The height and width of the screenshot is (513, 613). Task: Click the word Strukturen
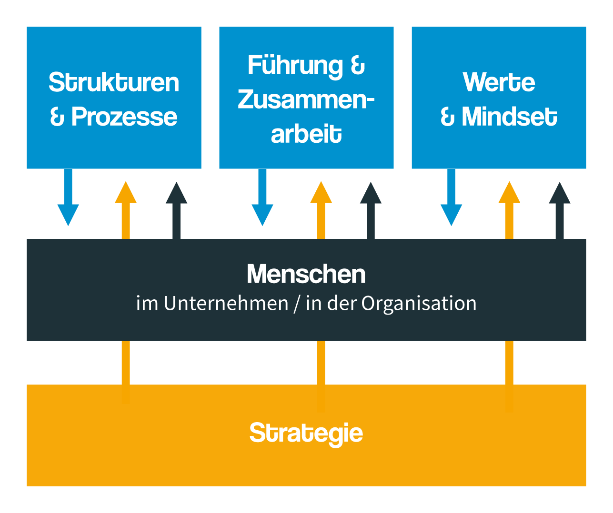tap(114, 82)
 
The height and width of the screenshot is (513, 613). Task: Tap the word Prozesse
tap(124, 117)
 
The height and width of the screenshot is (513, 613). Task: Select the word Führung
tap(295, 66)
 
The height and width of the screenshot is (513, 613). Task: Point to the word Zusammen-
tap(306, 99)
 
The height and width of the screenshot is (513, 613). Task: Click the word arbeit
tap(306, 134)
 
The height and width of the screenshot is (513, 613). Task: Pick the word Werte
tap(499, 82)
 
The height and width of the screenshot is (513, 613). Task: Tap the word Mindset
tap(509, 117)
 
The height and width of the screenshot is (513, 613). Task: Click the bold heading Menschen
tap(306, 274)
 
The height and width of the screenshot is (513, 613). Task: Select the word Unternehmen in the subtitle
tap(226, 304)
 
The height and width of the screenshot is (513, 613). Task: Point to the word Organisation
tap(419, 304)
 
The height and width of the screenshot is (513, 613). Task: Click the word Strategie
tap(306, 433)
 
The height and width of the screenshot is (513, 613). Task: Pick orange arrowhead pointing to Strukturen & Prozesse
tap(126, 193)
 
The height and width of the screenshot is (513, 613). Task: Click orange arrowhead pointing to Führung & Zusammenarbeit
tap(321, 193)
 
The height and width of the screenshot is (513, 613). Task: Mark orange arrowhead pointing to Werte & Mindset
tap(509, 193)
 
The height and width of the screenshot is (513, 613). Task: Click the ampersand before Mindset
tap(447, 117)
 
